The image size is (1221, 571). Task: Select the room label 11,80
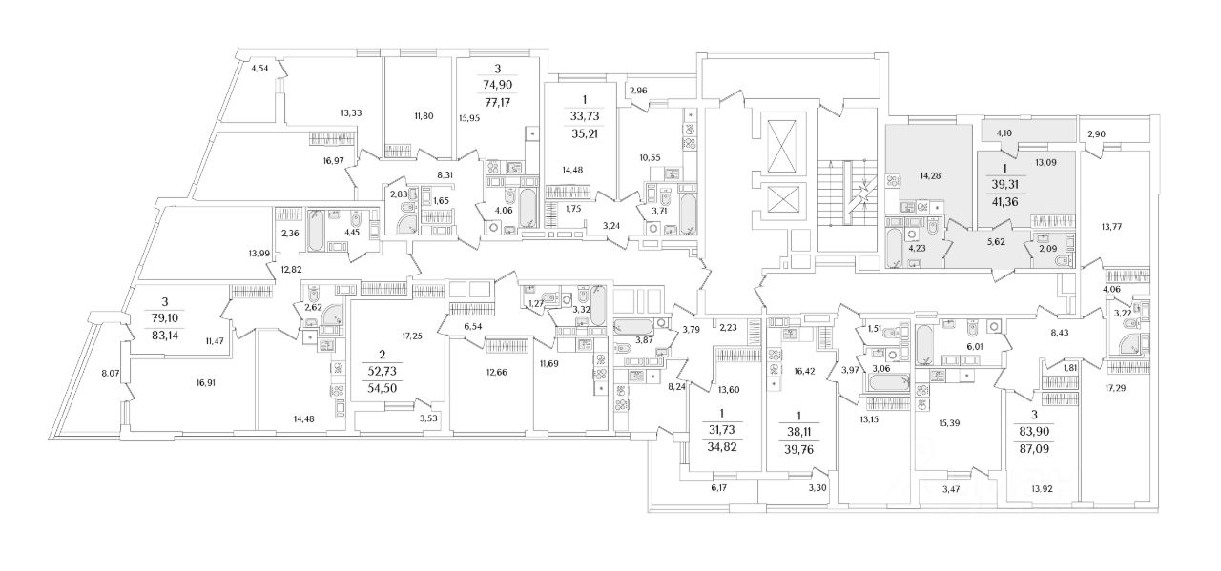pyautogui.click(x=424, y=116)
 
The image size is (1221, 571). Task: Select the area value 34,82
pyautogui.click(x=722, y=446)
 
